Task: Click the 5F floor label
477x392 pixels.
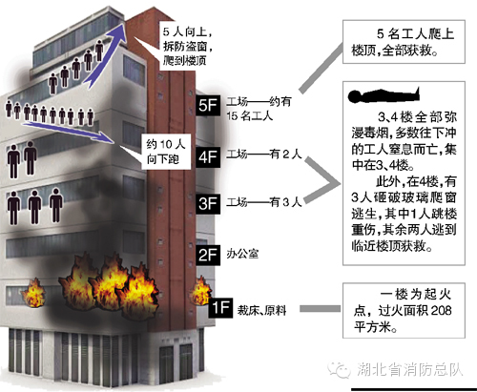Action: (x=208, y=105)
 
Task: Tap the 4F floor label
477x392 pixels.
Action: (x=208, y=156)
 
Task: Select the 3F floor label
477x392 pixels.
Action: (x=208, y=203)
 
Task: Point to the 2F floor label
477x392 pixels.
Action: (x=208, y=255)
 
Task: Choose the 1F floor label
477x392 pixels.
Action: (x=220, y=308)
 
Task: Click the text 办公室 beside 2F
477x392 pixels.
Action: (x=242, y=254)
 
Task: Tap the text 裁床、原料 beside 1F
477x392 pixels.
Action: (x=261, y=310)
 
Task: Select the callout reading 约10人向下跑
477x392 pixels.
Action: (x=166, y=152)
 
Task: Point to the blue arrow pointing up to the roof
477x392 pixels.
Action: (x=106, y=54)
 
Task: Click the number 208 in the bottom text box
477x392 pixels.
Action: (x=442, y=310)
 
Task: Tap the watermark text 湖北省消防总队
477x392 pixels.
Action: (x=410, y=369)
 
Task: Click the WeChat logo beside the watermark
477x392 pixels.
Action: (x=339, y=369)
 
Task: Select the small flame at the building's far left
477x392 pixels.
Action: (x=34, y=293)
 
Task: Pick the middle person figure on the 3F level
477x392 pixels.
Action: (x=34, y=207)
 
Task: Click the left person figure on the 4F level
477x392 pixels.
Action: (x=13, y=161)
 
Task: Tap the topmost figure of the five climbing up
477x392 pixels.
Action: (x=99, y=51)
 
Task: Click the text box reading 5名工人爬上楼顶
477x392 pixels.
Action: (x=404, y=42)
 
